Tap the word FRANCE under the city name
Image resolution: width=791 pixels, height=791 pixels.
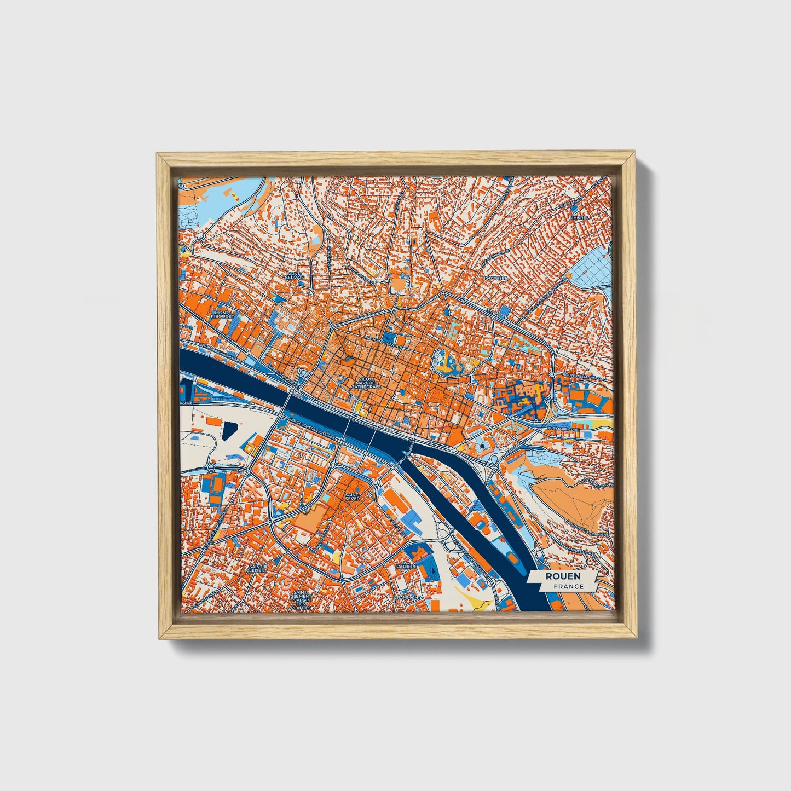tap(568, 586)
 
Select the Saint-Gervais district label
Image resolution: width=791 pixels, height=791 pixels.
tap(295, 276)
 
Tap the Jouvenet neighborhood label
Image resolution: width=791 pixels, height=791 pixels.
tap(495, 278)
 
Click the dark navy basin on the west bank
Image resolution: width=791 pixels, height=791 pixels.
tap(229, 431)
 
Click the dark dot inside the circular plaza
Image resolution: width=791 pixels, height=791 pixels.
tap(481, 447)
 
